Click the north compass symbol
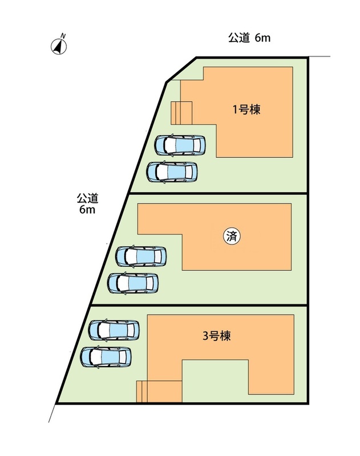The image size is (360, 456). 59,46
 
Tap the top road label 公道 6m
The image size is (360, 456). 249,38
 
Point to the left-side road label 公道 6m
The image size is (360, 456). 88,203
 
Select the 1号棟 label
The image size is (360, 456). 246,110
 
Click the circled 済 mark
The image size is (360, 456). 231,236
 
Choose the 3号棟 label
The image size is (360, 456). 216,335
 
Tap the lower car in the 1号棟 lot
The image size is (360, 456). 172,172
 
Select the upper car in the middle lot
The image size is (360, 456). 141,256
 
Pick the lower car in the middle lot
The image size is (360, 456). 133,282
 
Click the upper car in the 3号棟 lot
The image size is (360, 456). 114,329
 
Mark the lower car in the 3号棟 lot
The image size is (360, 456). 106,357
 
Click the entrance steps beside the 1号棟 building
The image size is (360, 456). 182,112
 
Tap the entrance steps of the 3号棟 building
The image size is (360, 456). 142,392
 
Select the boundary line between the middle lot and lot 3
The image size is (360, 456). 200,306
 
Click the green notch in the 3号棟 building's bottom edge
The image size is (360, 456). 215,381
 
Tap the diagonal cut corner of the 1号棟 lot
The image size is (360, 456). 181,70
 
